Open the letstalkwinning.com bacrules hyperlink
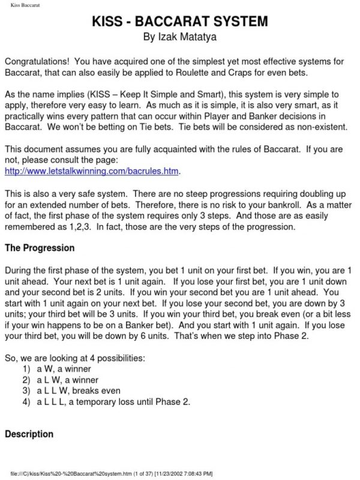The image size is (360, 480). click(x=92, y=172)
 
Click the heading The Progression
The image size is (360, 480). click(x=40, y=248)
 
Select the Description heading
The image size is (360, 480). click(x=29, y=434)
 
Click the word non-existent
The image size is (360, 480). click(x=325, y=128)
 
